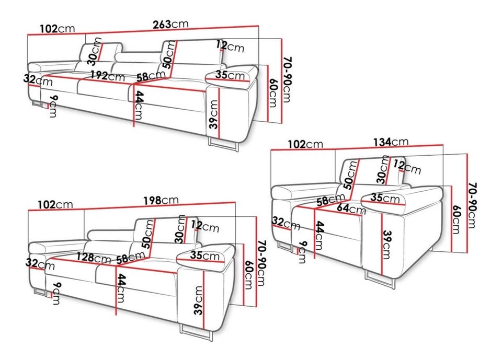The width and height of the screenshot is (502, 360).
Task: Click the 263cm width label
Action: [170, 25]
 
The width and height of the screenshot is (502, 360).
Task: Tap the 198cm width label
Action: [161, 200]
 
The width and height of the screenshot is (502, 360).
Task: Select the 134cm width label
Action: [391, 142]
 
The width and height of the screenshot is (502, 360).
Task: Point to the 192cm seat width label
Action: [107, 76]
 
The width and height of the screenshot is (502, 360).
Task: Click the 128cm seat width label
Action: [94, 257]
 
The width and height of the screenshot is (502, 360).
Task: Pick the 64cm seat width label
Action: [351, 208]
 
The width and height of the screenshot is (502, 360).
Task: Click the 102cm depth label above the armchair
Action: [305, 144]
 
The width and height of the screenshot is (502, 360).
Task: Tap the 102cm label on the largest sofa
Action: [58, 29]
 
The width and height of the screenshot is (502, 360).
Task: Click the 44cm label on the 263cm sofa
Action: [138, 105]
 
